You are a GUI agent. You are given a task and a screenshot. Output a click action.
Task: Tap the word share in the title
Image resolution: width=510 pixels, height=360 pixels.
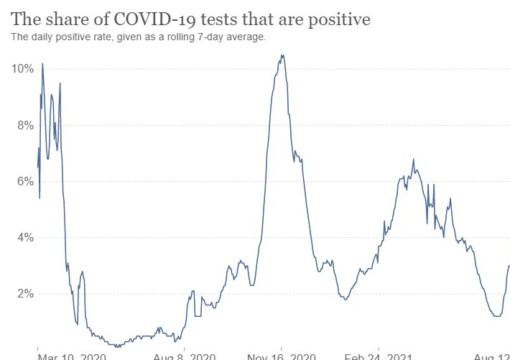(73, 19)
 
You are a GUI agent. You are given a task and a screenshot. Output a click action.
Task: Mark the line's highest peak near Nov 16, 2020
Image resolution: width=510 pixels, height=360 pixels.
(282, 55)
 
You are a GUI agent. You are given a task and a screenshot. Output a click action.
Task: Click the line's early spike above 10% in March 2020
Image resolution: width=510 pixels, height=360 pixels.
(42, 63)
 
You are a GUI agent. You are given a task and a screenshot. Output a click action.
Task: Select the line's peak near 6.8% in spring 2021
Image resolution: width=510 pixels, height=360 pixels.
(413, 159)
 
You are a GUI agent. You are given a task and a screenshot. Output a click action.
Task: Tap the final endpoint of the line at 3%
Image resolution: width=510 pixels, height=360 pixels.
(509, 266)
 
